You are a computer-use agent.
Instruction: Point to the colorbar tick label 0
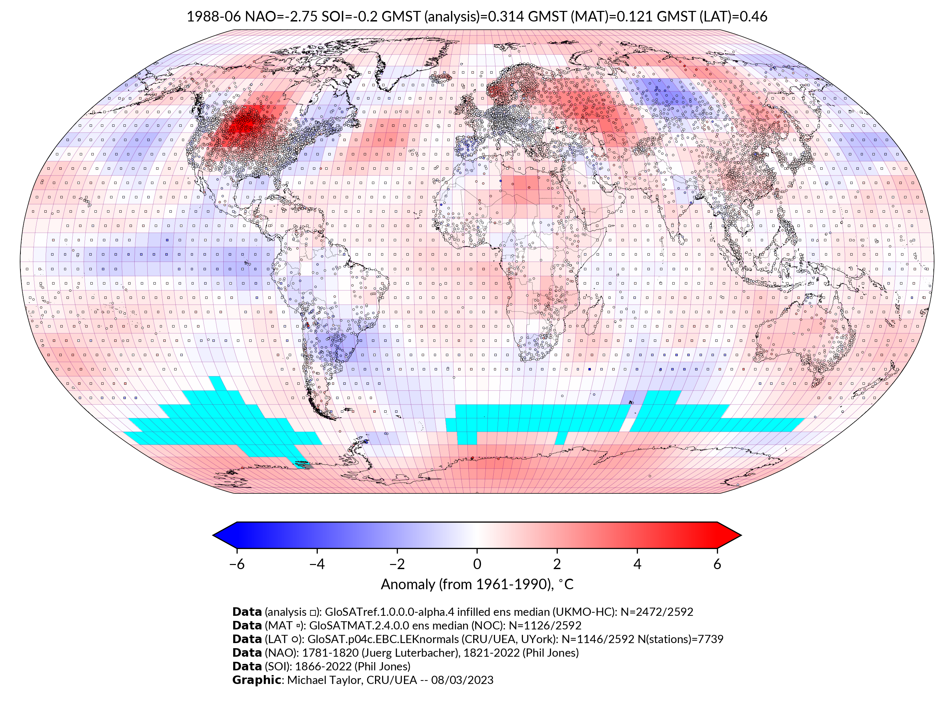[x=477, y=564]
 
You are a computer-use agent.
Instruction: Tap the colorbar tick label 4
[x=637, y=564]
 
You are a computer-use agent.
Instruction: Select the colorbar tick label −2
[x=397, y=564]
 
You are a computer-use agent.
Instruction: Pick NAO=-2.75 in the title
[x=281, y=17]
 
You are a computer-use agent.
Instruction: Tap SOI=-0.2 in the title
[x=350, y=17]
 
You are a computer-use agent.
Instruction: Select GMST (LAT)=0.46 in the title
[x=712, y=17]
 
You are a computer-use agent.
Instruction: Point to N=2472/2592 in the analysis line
[x=657, y=612]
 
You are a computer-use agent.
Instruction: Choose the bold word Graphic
[x=256, y=680]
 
